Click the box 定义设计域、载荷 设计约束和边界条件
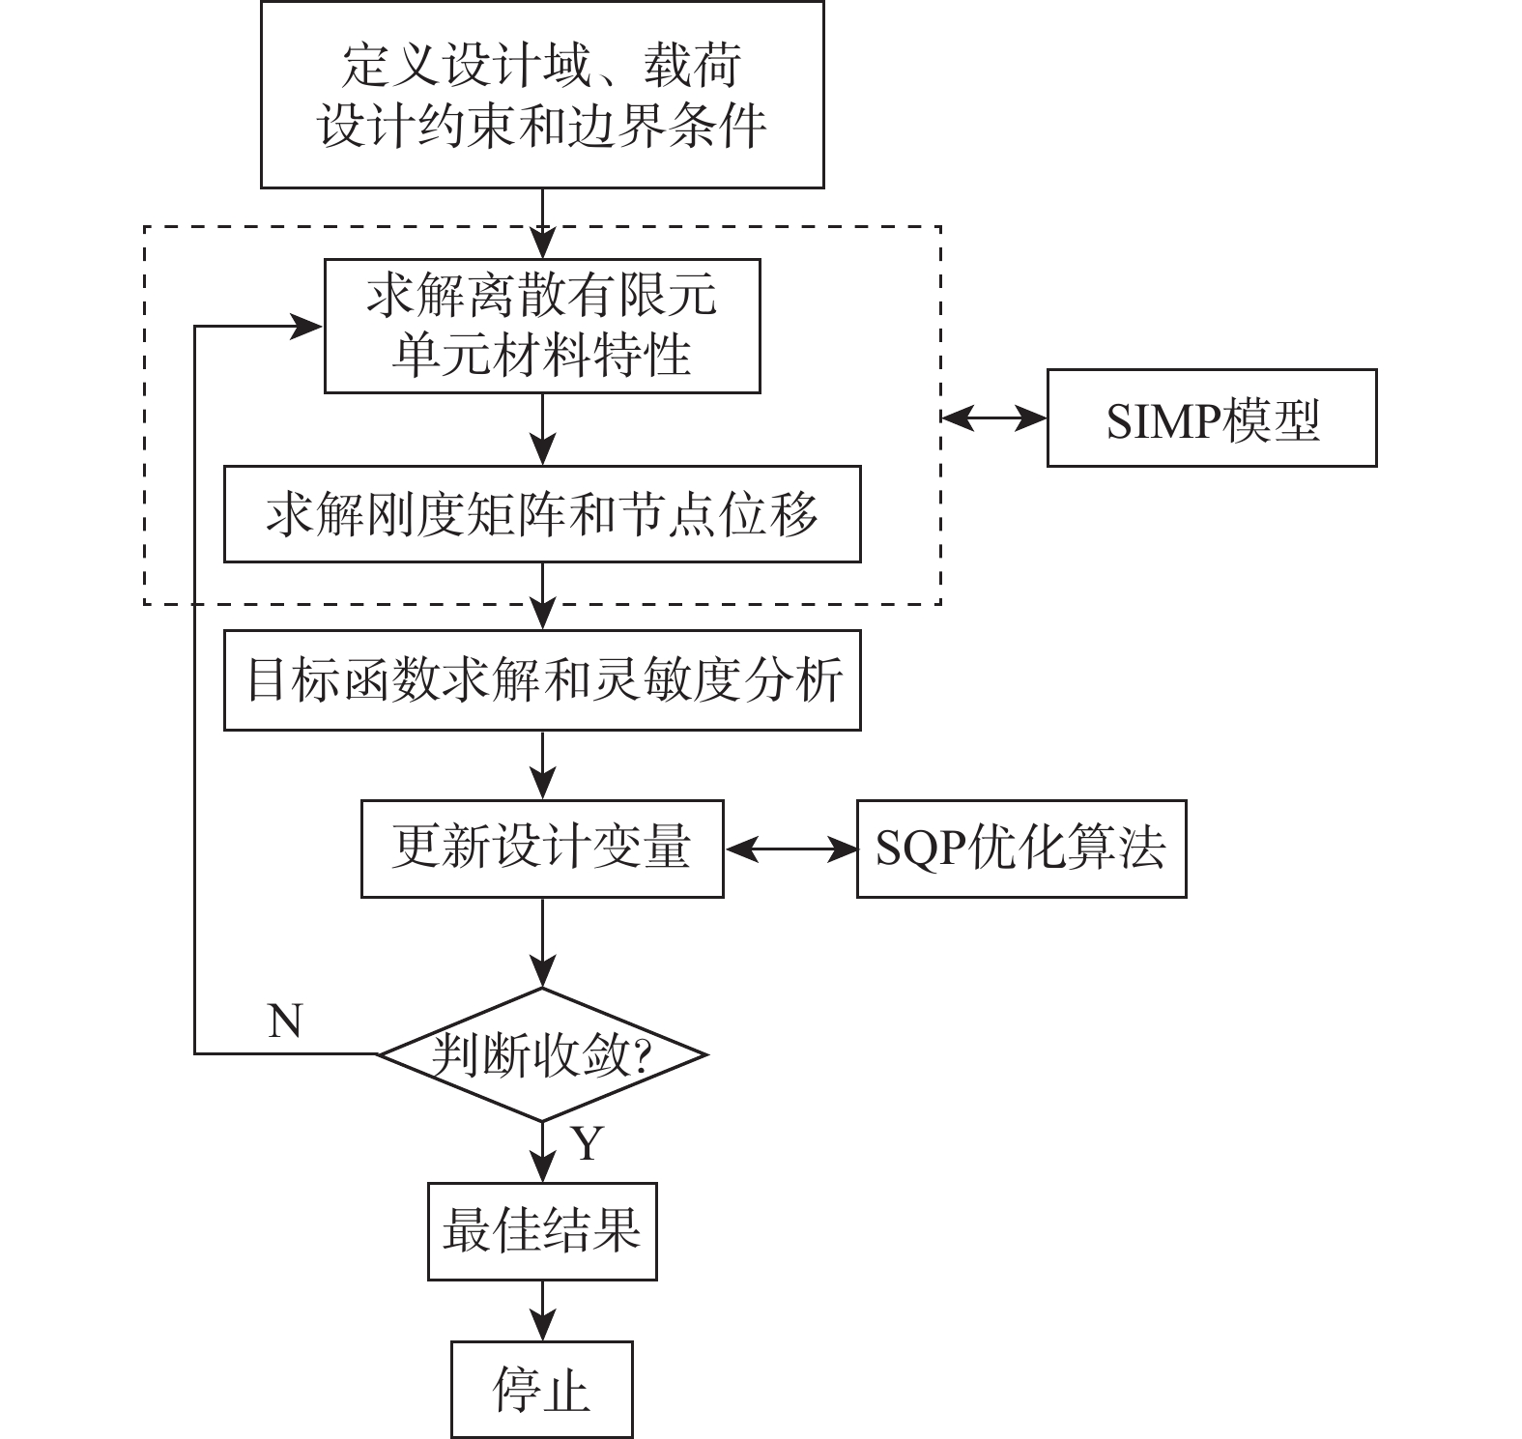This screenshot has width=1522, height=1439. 542,95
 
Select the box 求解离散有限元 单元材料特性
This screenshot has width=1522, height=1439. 542,326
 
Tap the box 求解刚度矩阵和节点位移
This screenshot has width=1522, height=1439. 542,514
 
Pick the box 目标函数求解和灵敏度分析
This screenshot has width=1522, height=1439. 542,680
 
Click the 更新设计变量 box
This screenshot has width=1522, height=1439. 542,849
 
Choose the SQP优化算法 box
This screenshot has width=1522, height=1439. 1021,849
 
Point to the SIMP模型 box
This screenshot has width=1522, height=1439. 1212,417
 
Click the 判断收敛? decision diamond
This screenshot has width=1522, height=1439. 542,1054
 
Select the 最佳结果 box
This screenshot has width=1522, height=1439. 542,1231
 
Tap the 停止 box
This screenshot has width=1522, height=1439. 542,1390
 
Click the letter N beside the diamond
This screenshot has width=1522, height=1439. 285,1021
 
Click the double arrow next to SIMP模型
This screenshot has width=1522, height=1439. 994,417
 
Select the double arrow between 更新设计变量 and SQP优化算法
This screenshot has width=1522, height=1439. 790,849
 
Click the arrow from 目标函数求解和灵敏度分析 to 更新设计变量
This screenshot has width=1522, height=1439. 543,764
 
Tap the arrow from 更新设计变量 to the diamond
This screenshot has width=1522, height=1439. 543,942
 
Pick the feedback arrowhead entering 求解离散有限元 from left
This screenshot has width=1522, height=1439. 307,327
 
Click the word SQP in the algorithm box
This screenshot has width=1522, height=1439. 915,849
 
